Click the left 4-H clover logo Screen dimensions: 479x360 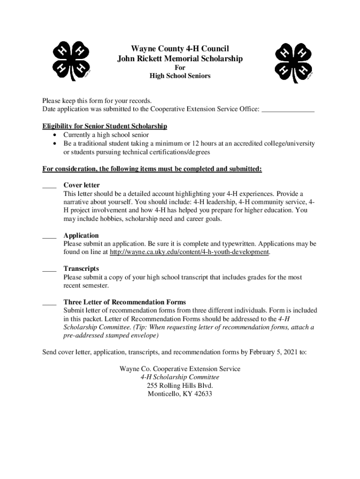click(x=71, y=61)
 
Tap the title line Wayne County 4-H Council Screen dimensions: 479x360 click(x=180, y=49)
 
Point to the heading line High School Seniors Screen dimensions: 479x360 click(x=180, y=76)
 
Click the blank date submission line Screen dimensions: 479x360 click(x=288, y=109)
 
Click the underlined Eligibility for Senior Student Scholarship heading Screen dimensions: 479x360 click(x=105, y=126)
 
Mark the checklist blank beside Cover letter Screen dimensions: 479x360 click(x=49, y=186)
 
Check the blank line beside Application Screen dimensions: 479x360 click(x=49, y=236)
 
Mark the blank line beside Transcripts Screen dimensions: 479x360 click(x=49, y=269)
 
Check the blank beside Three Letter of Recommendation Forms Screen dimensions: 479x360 click(x=49, y=303)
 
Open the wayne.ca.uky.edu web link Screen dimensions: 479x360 click(x=189, y=252)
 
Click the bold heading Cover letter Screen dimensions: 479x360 click(x=81, y=185)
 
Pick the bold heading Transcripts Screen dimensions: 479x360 click(x=81, y=269)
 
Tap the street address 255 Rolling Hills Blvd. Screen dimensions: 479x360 click(x=180, y=385)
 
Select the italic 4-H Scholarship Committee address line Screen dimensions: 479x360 click(x=180, y=377)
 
